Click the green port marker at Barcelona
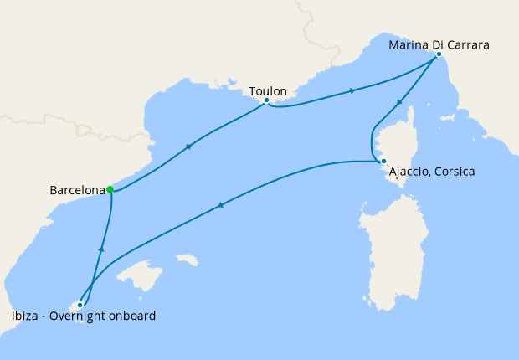coord(110,189)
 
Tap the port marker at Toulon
coord(266,100)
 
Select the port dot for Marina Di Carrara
coord(439,54)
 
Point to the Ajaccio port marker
coord(382,162)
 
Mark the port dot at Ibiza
coord(80,305)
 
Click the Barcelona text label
coord(76,190)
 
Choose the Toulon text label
coord(268,90)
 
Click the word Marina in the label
coord(409,44)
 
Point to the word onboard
coord(132,316)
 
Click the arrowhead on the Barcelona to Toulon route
coord(190,147)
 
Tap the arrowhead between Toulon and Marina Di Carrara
coord(352,90)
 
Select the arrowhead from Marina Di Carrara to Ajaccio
coord(399,103)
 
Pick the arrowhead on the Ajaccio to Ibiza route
coord(220,205)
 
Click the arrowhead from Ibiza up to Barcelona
coord(100,249)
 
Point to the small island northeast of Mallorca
coord(188,260)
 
